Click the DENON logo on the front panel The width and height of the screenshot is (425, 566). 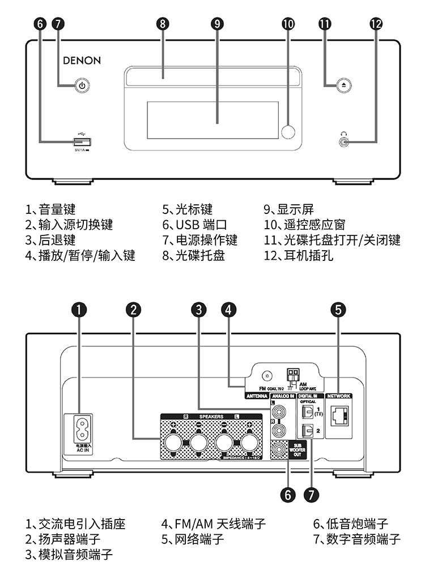[82, 61]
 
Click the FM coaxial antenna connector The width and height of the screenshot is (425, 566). [266, 375]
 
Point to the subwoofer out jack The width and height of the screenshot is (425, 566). [278, 449]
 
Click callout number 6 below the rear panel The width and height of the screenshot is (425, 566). [288, 494]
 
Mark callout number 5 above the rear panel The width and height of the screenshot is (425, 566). [338, 309]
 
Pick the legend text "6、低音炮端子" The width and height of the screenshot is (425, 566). [351, 524]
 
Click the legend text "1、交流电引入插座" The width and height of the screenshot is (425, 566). [74, 524]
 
